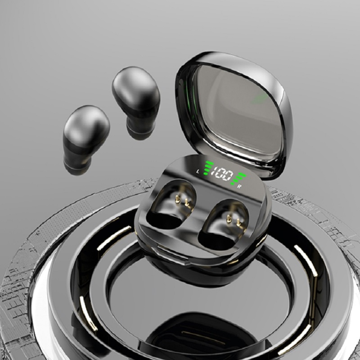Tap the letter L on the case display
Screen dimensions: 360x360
(x=198, y=171)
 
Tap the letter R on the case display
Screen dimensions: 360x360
(x=239, y=186)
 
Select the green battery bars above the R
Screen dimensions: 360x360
(x=238, y=178)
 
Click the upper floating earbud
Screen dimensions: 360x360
(x=136, y=102)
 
